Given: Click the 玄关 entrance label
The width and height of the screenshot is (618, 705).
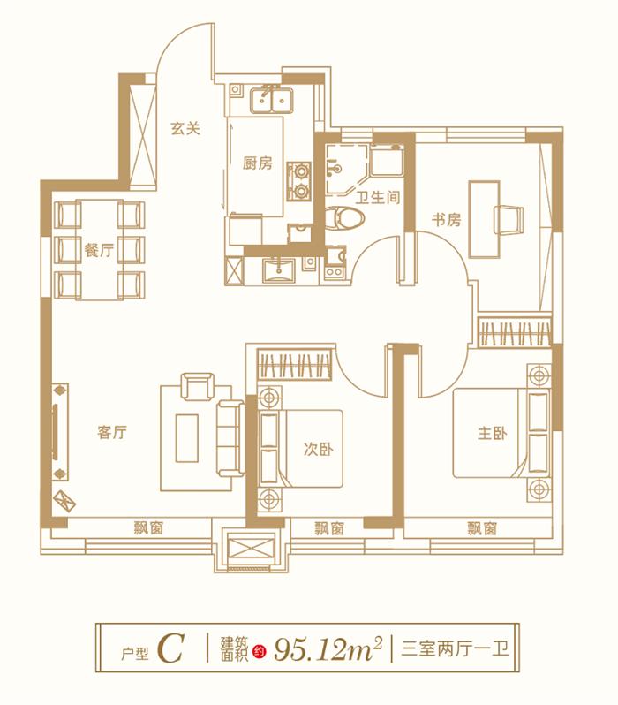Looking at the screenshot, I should [186, 128].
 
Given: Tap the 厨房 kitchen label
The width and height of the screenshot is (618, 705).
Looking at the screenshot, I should [258, 163].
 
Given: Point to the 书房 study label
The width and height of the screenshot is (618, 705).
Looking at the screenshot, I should [446, 220].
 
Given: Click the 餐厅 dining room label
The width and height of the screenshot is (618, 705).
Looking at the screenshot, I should [99, 250].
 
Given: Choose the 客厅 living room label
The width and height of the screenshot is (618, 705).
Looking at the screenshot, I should [113, 433].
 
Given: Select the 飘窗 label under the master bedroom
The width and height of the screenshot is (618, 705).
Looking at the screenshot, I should [482, 529].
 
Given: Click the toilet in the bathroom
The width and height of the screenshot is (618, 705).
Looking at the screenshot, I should [338, 217].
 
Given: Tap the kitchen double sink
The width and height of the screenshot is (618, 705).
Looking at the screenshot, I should [271, 101].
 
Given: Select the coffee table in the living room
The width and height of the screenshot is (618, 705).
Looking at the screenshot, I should [187, 437].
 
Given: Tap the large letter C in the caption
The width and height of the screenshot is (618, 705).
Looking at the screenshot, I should [170, 649].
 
